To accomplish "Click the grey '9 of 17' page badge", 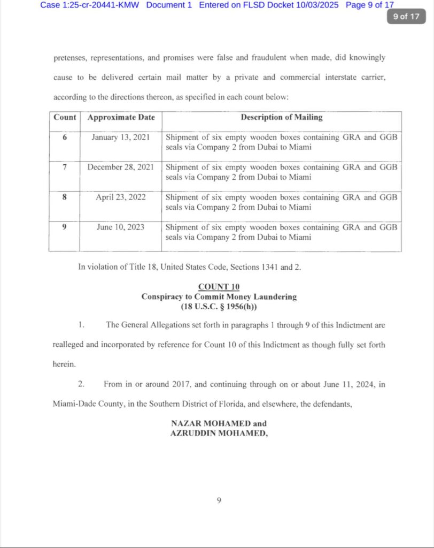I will click(x=406, y=16).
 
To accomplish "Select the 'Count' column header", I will click(x=65, y=117).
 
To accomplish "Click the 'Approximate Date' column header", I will click(x=121, y=117).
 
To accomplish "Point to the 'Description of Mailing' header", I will click(x=281, y=117).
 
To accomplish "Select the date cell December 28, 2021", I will click(x=121, y=167).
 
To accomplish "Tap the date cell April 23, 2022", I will click(x=120, y=197).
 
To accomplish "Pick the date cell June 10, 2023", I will click(x=120, y=227).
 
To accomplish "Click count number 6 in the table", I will click(x=65, y=137).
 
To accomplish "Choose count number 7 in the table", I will click(x=65, y=167).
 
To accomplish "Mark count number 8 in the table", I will click(x=65, y=197).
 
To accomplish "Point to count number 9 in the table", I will click(x=65, y=227).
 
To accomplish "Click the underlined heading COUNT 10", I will click(x=219, y=287).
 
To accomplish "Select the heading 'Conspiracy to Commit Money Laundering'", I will click(x=219, y=296).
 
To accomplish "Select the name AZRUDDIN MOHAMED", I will click(x=219, y=433).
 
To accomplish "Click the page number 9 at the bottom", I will click(x=219, y=500).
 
